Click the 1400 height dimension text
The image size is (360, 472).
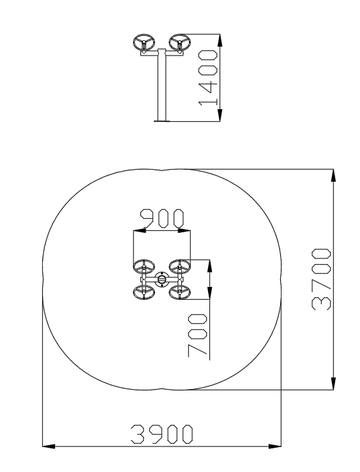[x=207, y=78]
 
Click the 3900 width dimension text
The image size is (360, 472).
[x=161, y=434]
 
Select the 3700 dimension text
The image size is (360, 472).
[x=322, y=279]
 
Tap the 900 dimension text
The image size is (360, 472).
[x=162, y=218]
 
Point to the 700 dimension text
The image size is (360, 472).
[x=198, y=336]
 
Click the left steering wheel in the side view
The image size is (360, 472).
[x=144, y=43]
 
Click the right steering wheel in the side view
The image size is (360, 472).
[x=179, y=43]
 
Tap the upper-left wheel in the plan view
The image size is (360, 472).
[x=144, y=267]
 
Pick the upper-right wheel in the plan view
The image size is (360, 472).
[x=180, y=267]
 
